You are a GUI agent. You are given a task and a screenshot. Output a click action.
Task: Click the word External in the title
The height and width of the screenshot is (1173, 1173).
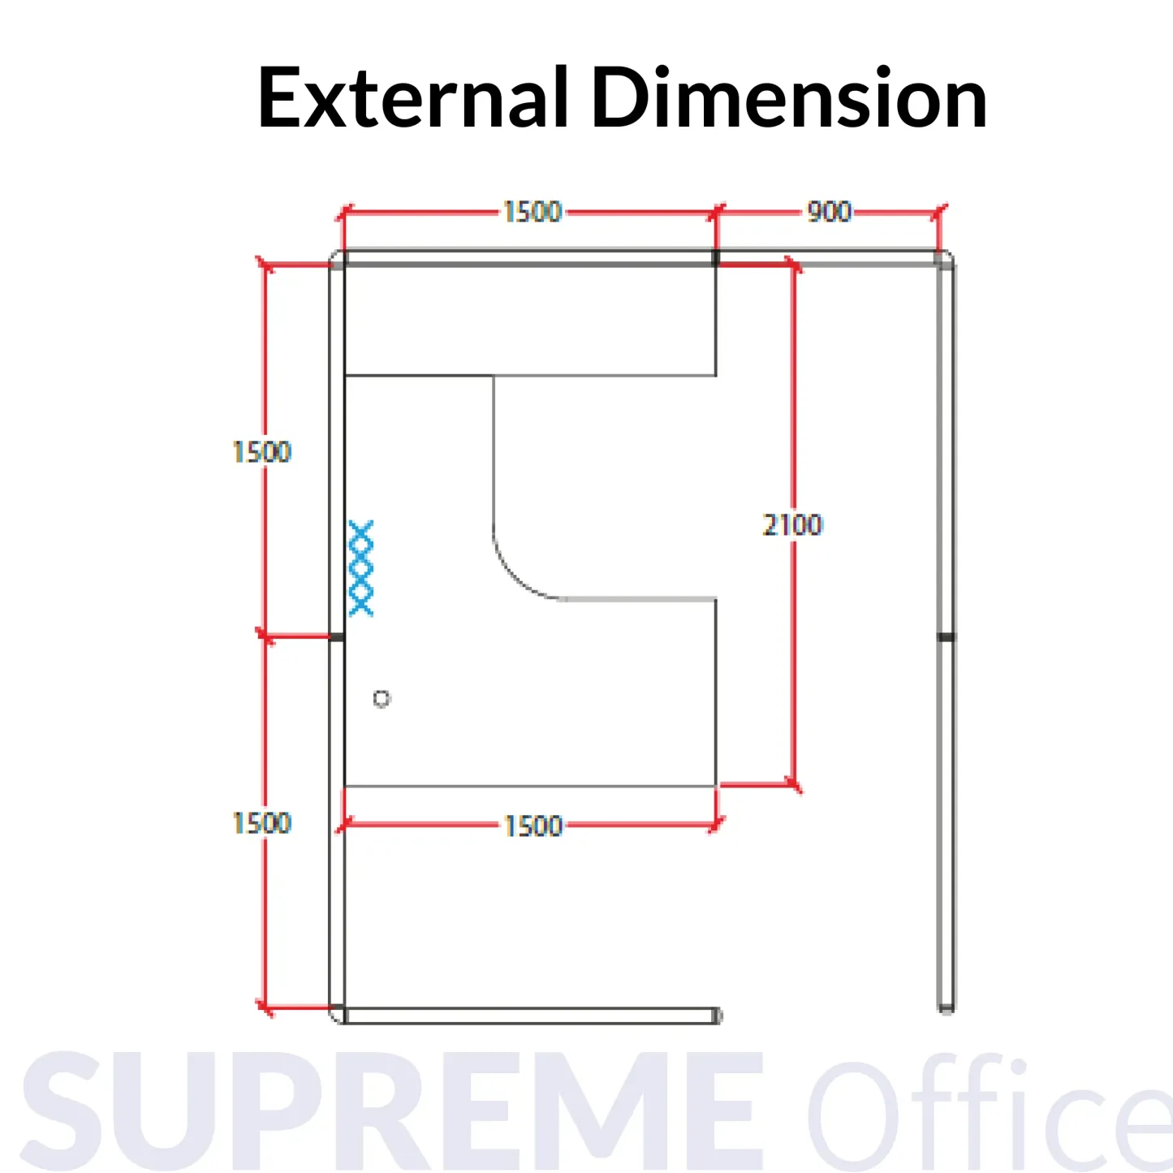pyautogui.click(x=412, y=98)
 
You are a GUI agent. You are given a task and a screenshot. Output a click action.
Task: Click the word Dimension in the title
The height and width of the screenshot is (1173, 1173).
pyautogui.click(x=789, y=98)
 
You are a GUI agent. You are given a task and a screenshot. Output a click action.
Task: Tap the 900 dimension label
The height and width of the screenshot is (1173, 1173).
pyautogui.click(x=829, y=212)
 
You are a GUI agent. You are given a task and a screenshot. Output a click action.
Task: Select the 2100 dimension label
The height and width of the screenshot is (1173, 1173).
pyautogui.click(x=792, y=525)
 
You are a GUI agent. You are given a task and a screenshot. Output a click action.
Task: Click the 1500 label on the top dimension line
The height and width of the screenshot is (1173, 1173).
pyautogui.click(x=532, y=212)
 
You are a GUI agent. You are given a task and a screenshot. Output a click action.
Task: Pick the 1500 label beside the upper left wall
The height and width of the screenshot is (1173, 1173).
pyautogui.click(x=261, y=452)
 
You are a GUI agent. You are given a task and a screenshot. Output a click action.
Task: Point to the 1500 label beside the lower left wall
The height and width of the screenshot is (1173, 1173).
pyautogui.click(x=261, y=823)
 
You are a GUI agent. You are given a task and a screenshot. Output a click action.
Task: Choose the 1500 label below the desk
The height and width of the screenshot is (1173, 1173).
pyautogui.click(x=533, y=826)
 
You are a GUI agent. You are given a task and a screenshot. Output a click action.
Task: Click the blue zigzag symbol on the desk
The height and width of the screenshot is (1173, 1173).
pyautogui.click(x=361, y=568)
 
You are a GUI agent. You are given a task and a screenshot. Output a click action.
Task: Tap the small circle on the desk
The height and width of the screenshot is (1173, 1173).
pyautogui.click(x=382, y=698)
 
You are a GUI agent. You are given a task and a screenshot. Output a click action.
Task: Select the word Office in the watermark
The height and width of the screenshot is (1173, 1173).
pyautogui.click(x=990, y=1111)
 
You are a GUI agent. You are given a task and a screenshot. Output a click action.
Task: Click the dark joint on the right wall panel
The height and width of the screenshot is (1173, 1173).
pyautogui.click(x=946, y=637)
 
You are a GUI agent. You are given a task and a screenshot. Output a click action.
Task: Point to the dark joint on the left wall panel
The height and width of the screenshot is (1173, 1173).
pyautogui.click(x=336, y=637)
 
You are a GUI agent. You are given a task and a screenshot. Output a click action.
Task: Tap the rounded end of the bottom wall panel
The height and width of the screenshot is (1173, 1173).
pyautogui.click(x=716, y=1016)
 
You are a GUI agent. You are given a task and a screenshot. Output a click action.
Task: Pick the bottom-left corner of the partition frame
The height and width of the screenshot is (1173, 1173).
pyautogui.click(x=337, y=1015)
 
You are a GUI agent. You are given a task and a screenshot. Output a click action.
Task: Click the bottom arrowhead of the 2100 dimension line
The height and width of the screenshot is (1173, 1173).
pyautogui.click(x=794, y=785)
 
